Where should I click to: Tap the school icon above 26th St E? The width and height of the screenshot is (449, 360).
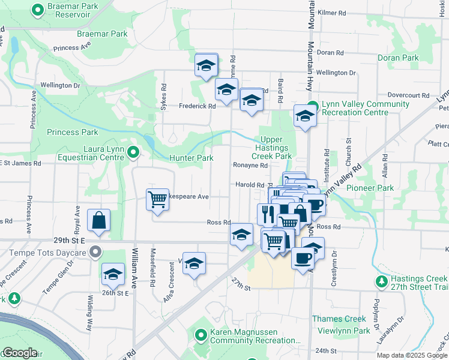click(x=113, y=274)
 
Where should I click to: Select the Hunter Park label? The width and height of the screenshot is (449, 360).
click(x=191, y=158)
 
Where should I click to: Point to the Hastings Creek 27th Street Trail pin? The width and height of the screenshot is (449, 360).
click(x=381, y=281)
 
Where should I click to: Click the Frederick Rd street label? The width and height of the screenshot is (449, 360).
click(x=197, y=106)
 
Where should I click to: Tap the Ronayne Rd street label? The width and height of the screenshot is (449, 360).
click(x=250, y=165)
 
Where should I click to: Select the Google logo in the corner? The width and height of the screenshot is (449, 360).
click(x=20, y=353)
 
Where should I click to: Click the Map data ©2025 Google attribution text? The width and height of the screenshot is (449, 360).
click(x=412, y=355)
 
